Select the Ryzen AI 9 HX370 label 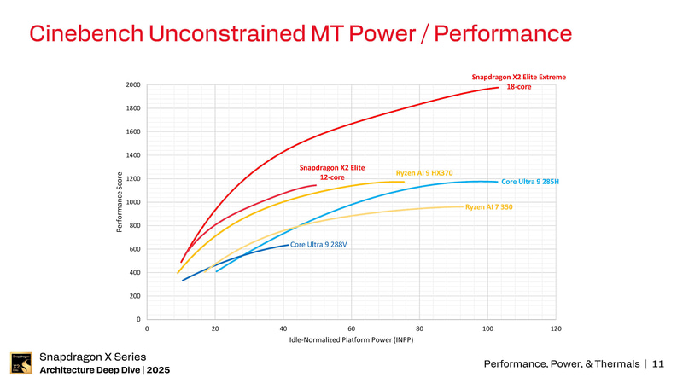click(x=424, y=173)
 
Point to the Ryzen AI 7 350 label click(x=488, y=207)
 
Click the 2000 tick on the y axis click(x=132, y=84)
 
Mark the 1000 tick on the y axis click(x=132, y=202)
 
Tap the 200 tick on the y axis click(x=134, y=296)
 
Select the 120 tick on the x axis click(x=556, y=328)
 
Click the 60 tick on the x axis click(x=352, y=328)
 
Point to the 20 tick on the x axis click(x=215, y=328)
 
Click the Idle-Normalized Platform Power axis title click(x=351, y=341)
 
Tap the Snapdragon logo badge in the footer click(x=21, y=363)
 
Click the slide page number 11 click(x=657, y=365)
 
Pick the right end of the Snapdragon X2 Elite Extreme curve click(x=498, y=87)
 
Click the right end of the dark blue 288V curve click(x=288, y=245)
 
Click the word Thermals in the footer click(x=614, y=365)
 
